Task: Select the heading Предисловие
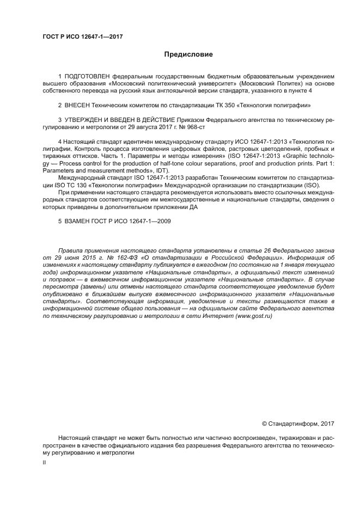tap(188, 54)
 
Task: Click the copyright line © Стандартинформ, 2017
tap(298, 423)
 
